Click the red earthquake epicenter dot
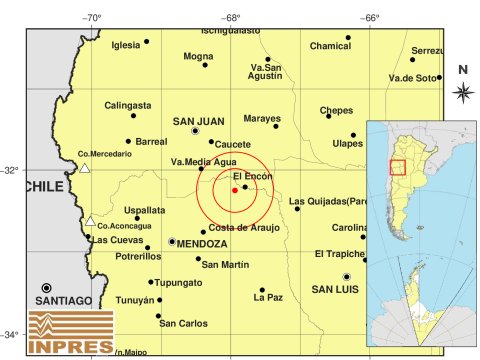point(234,190)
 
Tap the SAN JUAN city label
point(197,122)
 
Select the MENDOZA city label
point(204,243)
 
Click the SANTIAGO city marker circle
point(46,288)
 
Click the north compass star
point(463,92)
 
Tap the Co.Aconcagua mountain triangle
point(90,221)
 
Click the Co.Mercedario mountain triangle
point(85,168)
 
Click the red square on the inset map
point(397,168)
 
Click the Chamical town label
point(330,46)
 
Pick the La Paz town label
point(268,297)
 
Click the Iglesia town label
point(126,45)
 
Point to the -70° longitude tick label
point(93,17)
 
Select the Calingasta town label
point(128,105)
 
